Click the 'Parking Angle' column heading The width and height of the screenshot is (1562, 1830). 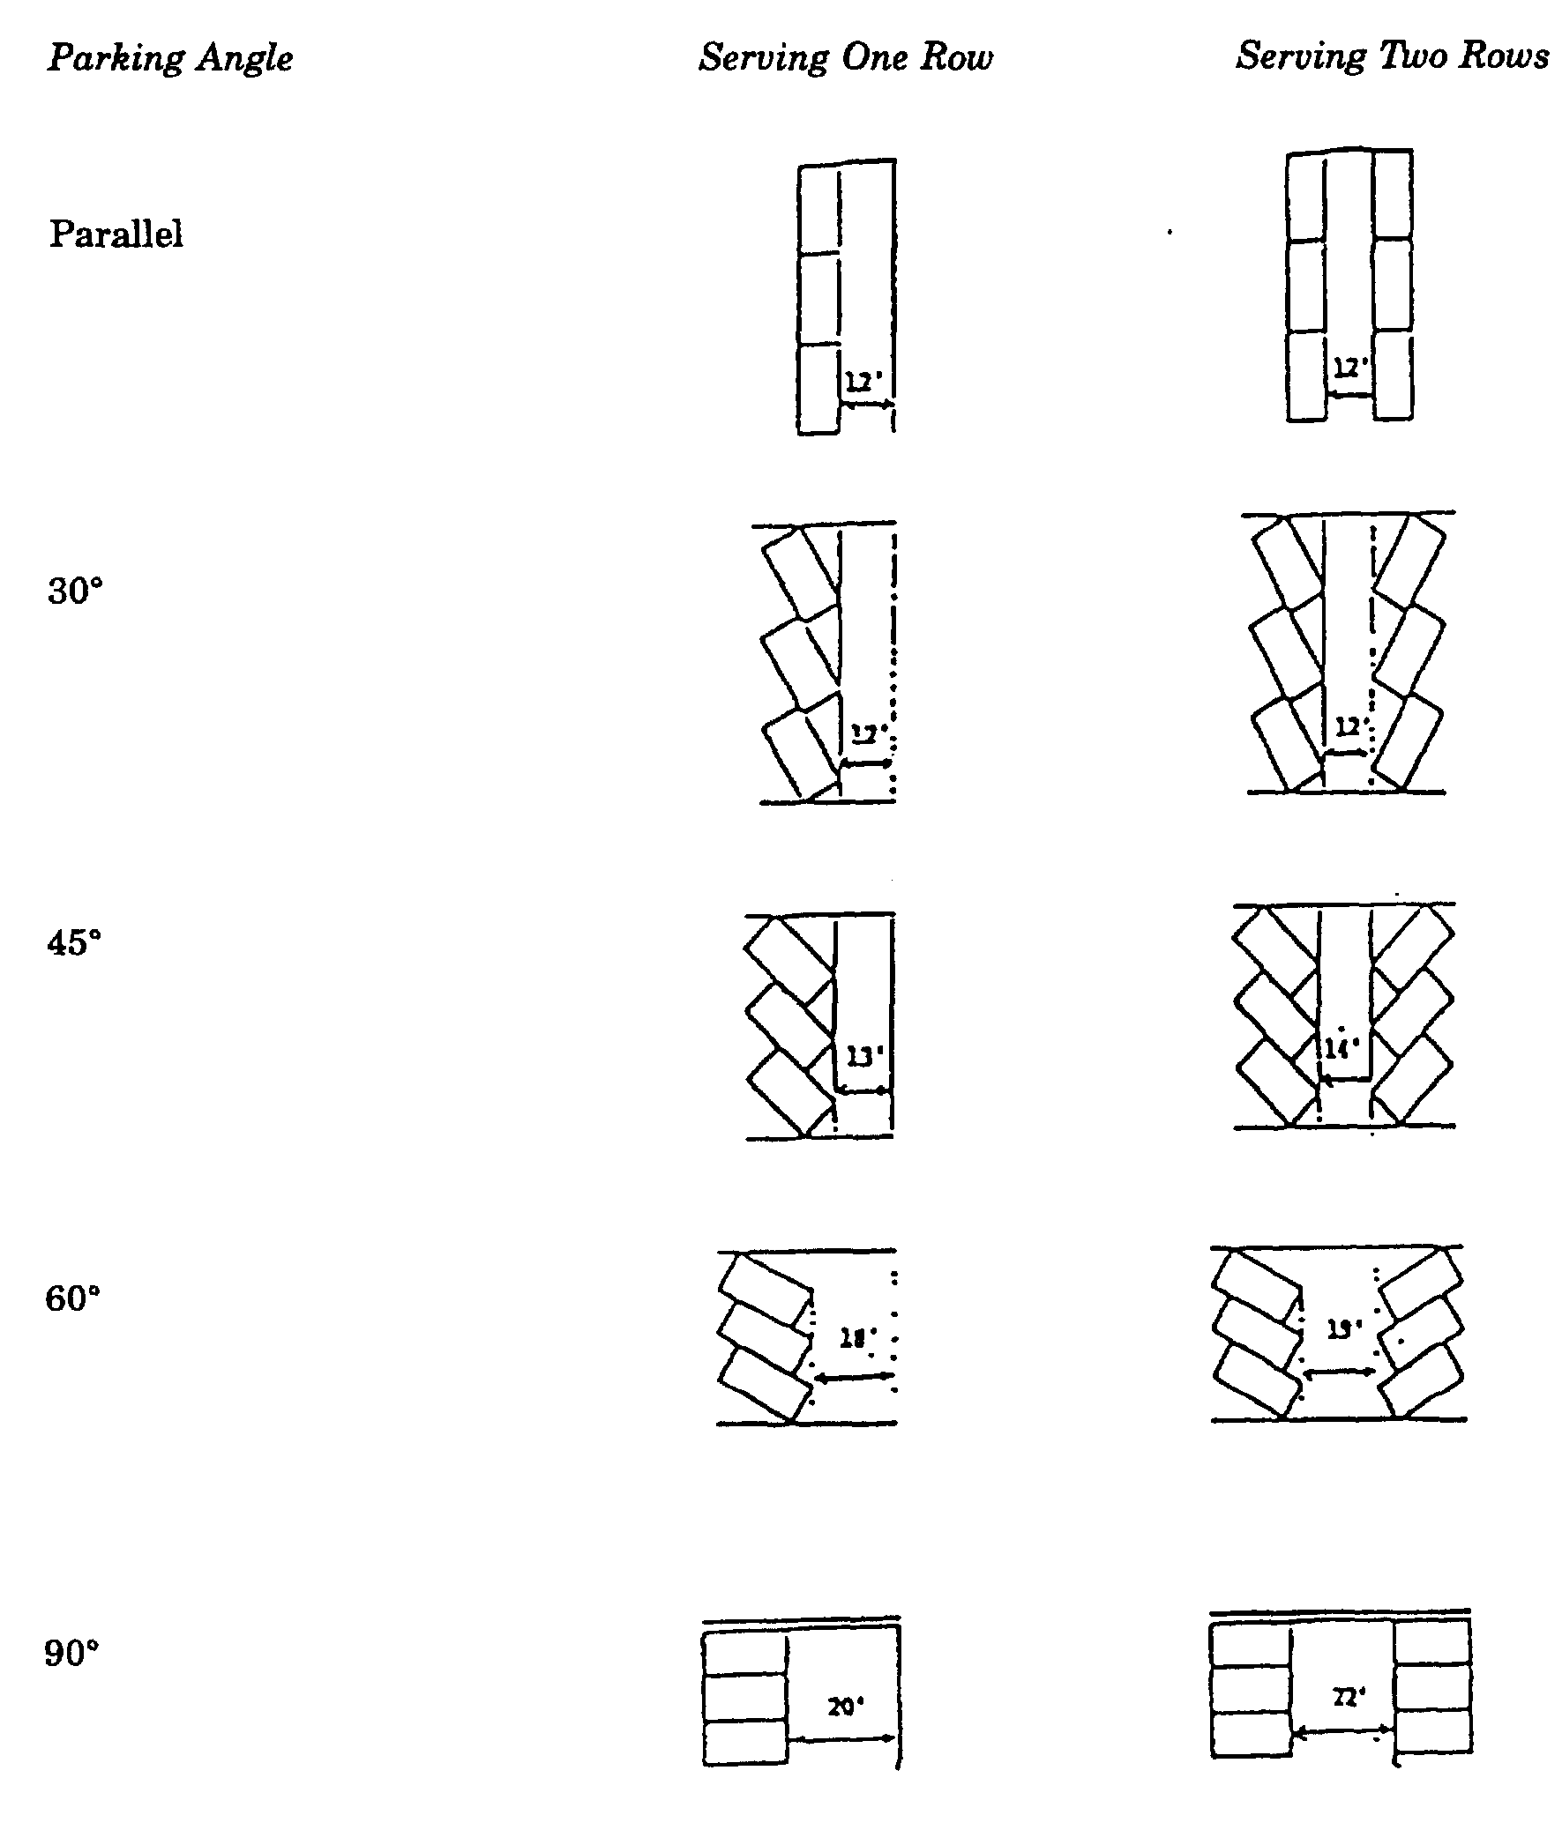pos(169,58)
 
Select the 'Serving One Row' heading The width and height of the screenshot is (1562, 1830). pos(846,58)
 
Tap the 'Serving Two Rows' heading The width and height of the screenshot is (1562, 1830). pos(1392,56)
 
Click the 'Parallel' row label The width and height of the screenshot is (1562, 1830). pos(116,234)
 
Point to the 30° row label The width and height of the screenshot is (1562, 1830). pos(75,591)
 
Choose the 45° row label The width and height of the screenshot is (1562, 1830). pos(74,943)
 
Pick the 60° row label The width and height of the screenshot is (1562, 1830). pos(73,1298)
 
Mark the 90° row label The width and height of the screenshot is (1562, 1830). pos(71,1653)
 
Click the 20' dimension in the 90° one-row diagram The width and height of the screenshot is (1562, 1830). pos(846,1707)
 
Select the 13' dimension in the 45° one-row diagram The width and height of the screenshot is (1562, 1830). pos(864,1056)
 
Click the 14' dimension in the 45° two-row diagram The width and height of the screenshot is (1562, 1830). pos(1342,1048)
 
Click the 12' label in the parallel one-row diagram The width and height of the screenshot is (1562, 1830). pos(864,383)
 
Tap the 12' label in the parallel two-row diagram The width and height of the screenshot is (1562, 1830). pos(1349,367)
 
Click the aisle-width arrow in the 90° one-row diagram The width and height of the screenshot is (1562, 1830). pos(842,1739)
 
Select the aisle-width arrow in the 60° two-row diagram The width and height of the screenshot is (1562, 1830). pos(1340,1372)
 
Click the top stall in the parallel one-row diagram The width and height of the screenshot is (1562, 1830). pos(819,210)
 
